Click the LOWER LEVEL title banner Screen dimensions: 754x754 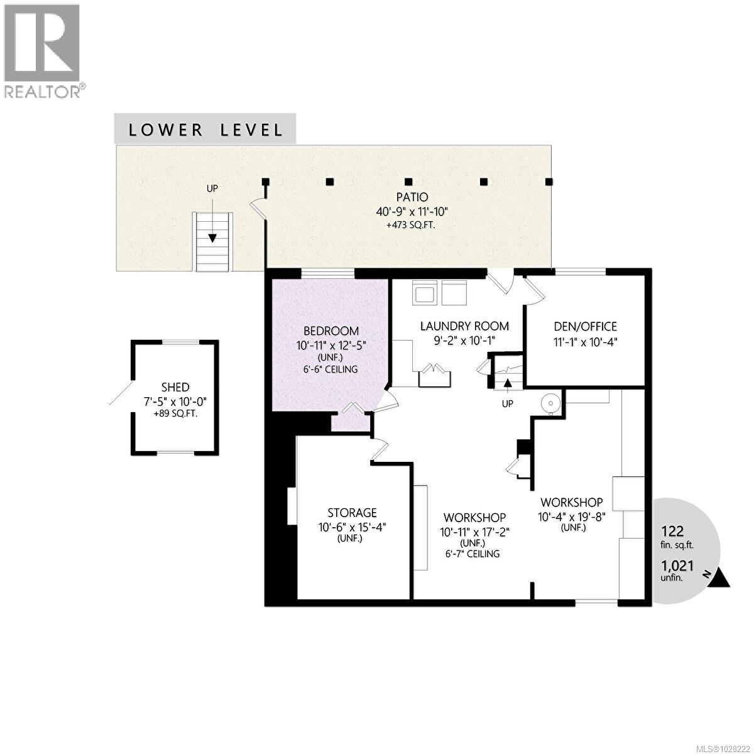click(x=205, y=129)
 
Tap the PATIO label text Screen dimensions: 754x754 click(x=412, y=197)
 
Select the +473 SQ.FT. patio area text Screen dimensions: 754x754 click(x=412, y=223)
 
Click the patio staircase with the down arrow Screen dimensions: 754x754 click(x=212, y=242)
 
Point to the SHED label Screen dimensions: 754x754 click(x=175, y=388)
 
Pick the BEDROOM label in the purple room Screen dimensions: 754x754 click(x=331, y=331)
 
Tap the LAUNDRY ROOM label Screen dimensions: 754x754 click(x=464, y=326)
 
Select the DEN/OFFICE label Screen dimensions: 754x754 click(x=585, y=326)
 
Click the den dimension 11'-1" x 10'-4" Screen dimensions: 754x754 click(x=585, y=342)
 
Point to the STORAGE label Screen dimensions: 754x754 click(x=352, y=513)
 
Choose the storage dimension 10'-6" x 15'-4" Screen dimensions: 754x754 click(x=352, y=527)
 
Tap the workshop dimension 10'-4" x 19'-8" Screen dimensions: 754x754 click(x=572, y=516)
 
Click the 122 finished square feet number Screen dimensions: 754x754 click(x=672, y=531)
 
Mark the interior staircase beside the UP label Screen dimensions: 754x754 click(x=506, y=377)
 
